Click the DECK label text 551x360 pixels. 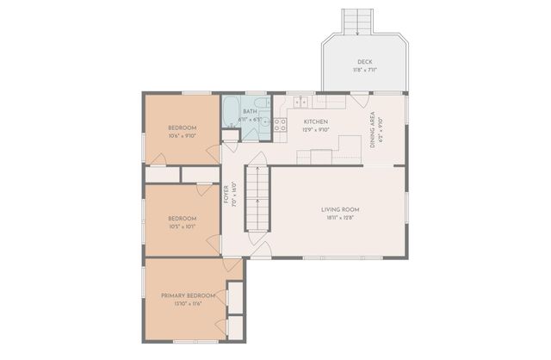pos(365,61)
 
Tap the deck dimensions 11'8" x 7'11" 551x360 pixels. pos(365,70)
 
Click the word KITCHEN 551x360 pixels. pos(316,121)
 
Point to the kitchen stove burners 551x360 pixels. pos(280,129)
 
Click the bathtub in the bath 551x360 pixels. pos(232,111)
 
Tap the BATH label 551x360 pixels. pos(250,111)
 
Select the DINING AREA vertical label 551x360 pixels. pos(373,130)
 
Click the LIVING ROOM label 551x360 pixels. pos(340,209)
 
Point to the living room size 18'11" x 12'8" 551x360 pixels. pos(340,218)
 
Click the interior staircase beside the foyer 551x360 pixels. pos(258,199)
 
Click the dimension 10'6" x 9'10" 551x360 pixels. pos(182,135)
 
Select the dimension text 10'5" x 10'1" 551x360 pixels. pos(182,227)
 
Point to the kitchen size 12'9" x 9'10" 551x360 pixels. pos(316,130)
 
